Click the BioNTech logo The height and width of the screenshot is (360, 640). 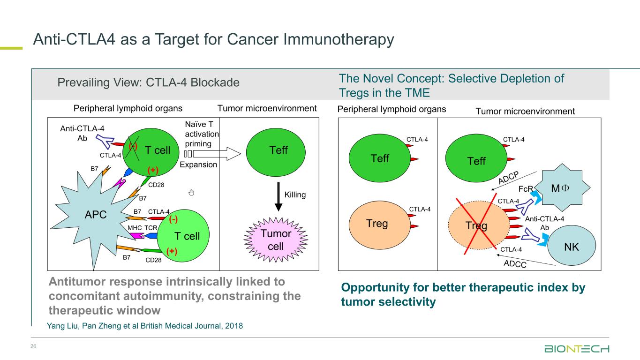577,349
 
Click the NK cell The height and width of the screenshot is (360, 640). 572,247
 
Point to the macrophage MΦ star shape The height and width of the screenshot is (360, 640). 560,188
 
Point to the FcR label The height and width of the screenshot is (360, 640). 525,190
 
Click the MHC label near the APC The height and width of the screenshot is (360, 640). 135,228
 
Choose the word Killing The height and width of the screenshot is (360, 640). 295,195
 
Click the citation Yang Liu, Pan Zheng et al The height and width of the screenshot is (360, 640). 145,326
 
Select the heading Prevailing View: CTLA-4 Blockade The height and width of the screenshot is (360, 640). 148,83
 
